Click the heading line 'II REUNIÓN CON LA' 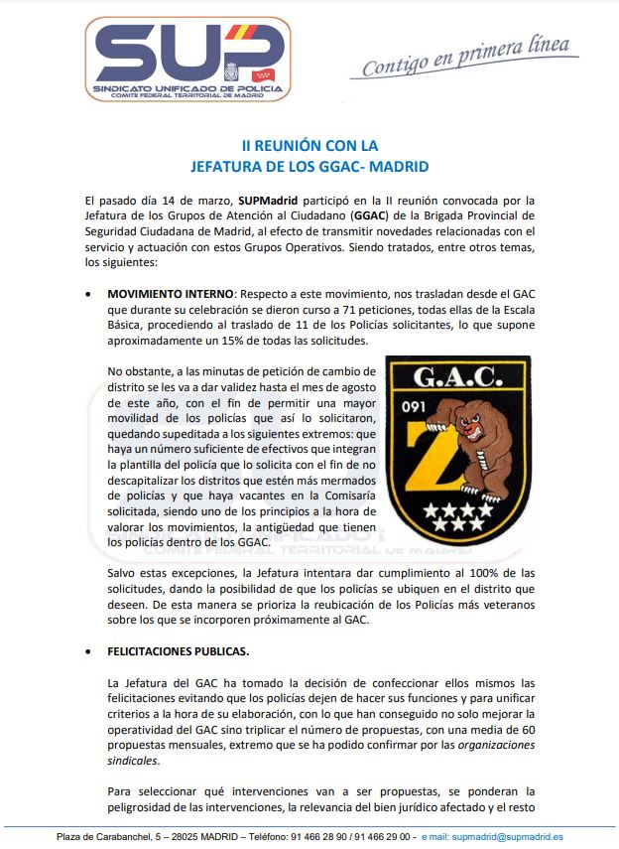(x=309, y=145)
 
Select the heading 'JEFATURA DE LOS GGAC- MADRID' (x=309, y=166)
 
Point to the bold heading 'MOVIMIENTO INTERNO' (x=171, y=295)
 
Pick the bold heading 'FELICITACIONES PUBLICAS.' (x=177, y=652)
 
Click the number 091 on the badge (x=414, y=405)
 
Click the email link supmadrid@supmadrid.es (x=506, y=837)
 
